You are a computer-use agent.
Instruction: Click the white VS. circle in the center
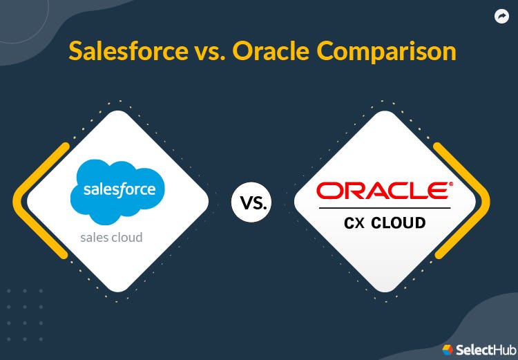pyautogui.click(x=251, y=202)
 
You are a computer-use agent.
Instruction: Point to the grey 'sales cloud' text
pyautogui.click(x=111, y=237)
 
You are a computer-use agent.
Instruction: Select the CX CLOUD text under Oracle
pyautogui.click(x=385, y=222)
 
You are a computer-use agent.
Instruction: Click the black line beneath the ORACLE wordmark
pyautogui.click(x=385, y=207)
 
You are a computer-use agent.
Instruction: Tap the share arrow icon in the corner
pyautogui.click(x=501, y=17)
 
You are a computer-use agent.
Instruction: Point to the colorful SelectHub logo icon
pyautogui.click(x=448, y=349)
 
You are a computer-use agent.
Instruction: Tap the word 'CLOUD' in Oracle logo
pyautogui.click(x=399, y=222)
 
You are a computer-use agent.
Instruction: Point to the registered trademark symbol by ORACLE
pyautogui.click(x=451, y=184)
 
